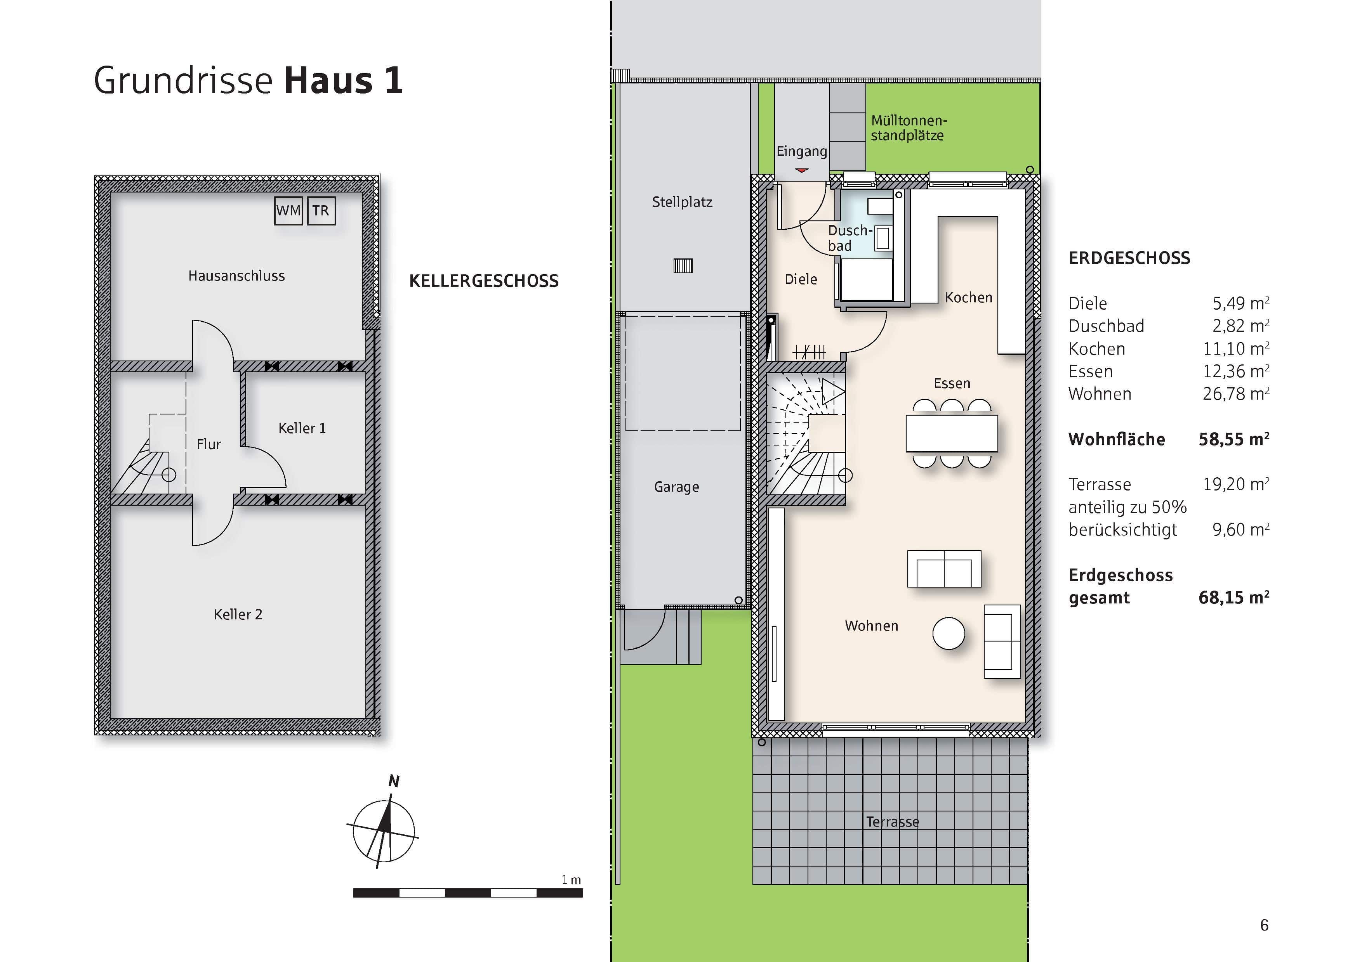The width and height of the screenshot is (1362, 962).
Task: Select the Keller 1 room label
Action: [x=302, y=428]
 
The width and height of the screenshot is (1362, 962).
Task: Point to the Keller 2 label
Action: [x=238, y=614]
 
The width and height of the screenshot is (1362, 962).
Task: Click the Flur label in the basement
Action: [x=209, y=444]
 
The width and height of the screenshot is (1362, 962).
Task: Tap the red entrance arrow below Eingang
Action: [x=801, y=170]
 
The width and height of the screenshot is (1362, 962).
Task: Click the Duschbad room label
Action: [x=850, y=237]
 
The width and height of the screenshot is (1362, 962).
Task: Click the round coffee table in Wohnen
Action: [x=948, y=633]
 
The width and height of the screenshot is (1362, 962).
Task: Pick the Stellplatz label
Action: [x=682, y=202]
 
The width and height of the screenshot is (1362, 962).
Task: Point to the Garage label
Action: [x=676, y=487]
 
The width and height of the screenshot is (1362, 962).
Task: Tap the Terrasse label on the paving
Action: [x=892, y=822]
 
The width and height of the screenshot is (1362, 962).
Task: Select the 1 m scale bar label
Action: [x=571, y=880]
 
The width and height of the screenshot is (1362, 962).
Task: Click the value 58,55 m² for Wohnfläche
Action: [x=1233, y=439]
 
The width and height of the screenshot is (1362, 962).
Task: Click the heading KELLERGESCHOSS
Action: [x=483, y=281]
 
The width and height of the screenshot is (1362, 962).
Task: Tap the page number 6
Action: [x=1264, y=925]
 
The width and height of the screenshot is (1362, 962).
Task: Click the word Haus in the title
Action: [x=328, y=81]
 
